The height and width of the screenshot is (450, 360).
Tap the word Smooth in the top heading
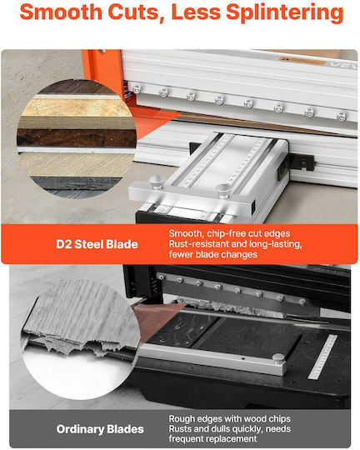(61, 12)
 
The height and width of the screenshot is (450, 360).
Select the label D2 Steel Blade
(97, 244)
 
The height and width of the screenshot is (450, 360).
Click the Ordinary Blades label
(100, 429)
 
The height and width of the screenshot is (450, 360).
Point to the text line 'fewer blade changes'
(213, 254)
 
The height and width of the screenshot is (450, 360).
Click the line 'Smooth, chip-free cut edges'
(229, 233)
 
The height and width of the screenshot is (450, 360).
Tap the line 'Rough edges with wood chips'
(230, 418)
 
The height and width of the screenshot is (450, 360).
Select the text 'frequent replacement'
(212, 439)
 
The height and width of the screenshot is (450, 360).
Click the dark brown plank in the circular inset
(77, 137)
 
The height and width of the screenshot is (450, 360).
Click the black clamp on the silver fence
(302, 163)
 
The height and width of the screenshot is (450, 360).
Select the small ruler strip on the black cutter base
(322, 357)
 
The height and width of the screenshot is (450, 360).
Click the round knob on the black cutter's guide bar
(279, 358)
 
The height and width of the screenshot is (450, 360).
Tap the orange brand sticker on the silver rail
(302, 61)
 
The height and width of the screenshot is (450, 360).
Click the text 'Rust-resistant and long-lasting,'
(235, 244)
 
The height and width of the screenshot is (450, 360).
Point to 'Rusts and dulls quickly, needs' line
(230, 429)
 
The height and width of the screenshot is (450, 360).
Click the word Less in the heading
(196, 12)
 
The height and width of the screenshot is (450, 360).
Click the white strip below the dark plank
(77, 150)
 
